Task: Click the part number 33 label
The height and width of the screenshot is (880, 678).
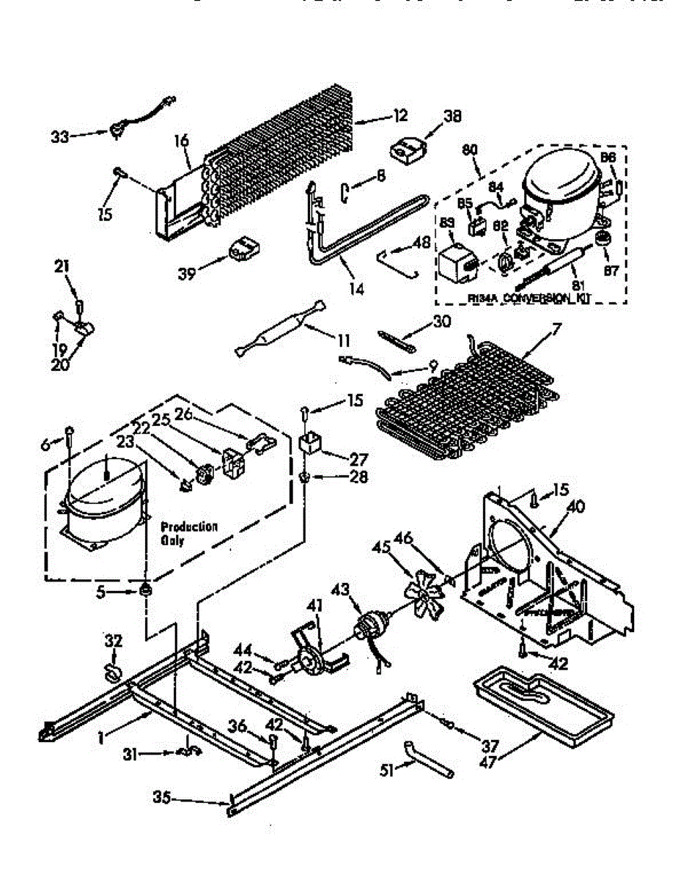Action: tap(60, 136)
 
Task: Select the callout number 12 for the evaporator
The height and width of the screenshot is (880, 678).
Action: tap(399, 116)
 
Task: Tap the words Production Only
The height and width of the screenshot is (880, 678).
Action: tap(189, 532)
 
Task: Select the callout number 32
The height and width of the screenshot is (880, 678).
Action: tap(112, 640)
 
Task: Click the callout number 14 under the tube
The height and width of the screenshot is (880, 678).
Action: tap(355, 288)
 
